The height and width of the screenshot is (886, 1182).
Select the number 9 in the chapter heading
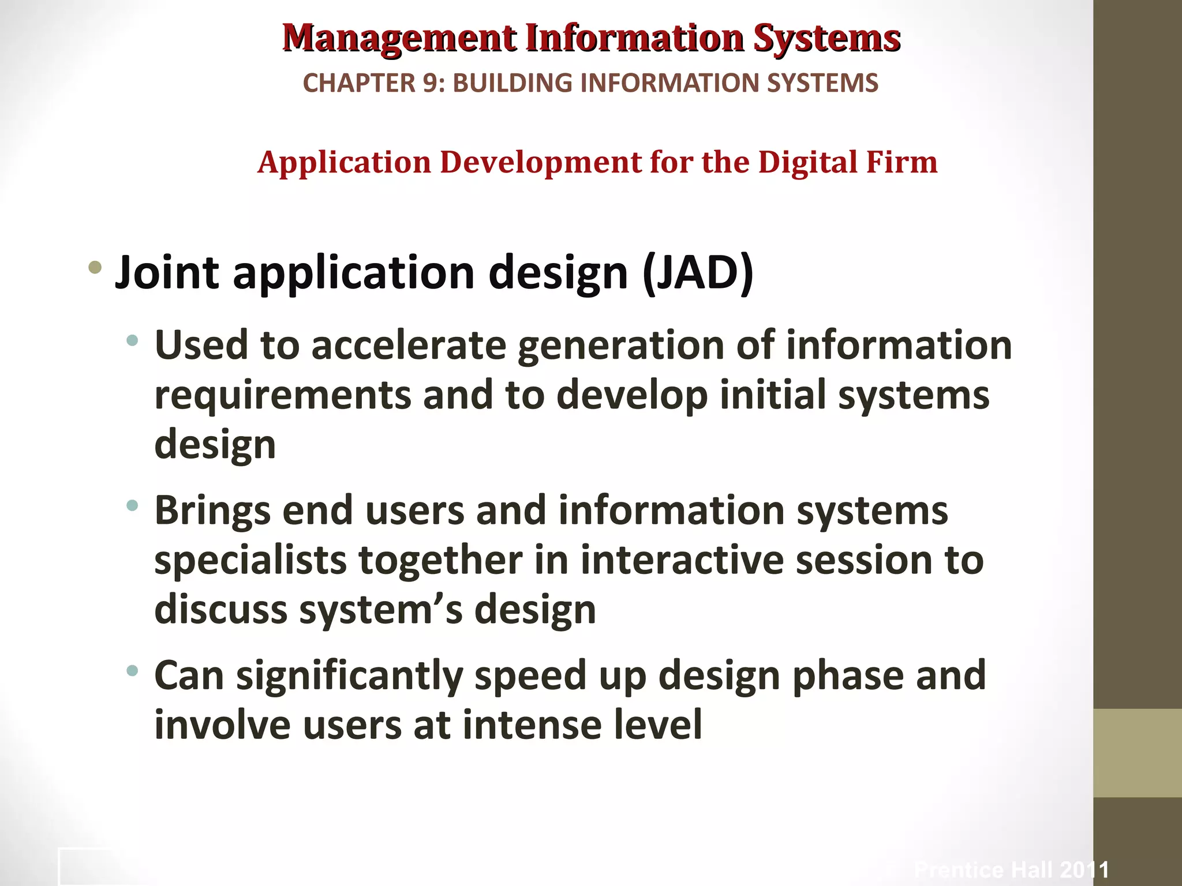(431, 83)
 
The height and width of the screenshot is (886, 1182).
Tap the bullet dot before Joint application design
(95, 267)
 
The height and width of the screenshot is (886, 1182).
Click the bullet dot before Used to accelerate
(133, 340)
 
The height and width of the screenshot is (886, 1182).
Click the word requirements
(283, 396)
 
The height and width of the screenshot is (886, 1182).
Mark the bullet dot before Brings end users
(133, 506)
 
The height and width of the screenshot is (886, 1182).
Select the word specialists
(250, 561)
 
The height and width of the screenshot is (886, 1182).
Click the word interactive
(682, 561)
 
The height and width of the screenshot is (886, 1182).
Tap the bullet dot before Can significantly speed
(133, 670)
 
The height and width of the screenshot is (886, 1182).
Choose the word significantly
(349, 676)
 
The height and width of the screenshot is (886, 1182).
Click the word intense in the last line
(536, 725)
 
